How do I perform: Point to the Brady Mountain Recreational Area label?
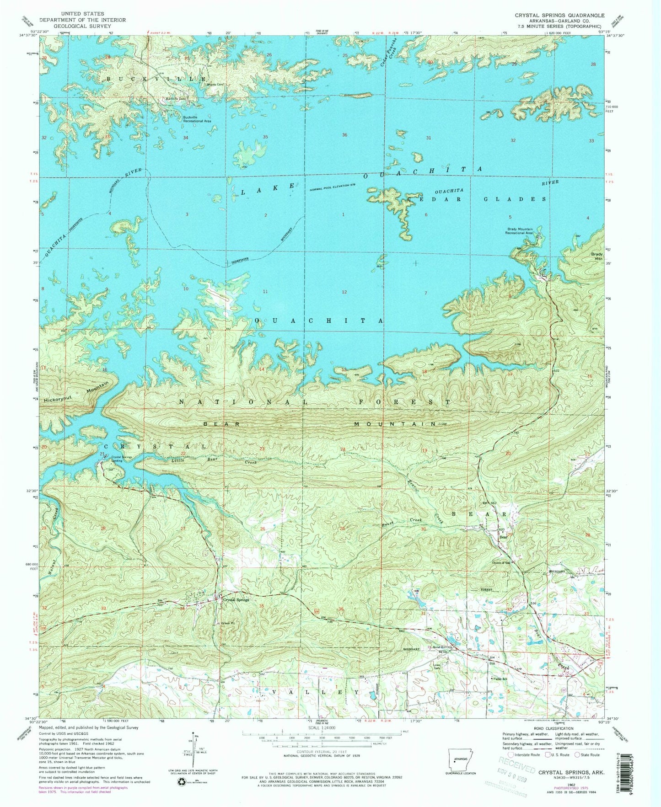pos(520,231)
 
